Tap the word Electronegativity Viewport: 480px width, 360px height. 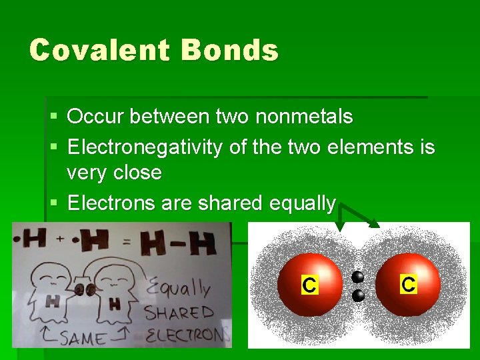[145, 146]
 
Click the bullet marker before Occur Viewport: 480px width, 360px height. [54, 117]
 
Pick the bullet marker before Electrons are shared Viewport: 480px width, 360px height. [54, 203]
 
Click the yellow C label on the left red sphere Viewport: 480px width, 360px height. [309, 285]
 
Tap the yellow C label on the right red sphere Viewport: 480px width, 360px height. [408, 285]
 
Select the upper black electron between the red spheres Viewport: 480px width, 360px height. [358, 277]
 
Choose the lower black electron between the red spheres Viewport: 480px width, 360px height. [358, 295]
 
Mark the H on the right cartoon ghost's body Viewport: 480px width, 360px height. [114, 304]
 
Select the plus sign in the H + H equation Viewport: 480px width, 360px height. [60, 239]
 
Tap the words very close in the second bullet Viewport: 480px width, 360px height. [114, 173]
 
